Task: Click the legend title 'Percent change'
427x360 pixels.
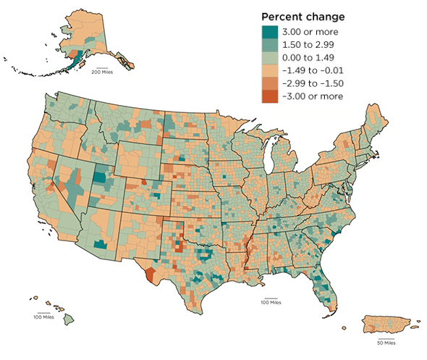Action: pyautogui.click(x=303, y=17)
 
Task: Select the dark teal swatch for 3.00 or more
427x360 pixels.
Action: pyautogui.click(x=271, y=31)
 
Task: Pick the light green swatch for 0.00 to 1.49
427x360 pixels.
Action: pyautogui.click(x=271, y=57)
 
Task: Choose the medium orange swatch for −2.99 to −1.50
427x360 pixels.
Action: pyautogui.click(x=271, y=83)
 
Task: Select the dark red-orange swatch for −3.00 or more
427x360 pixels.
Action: pyautogui.click(x=271, y=96)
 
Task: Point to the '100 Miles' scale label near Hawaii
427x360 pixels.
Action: pyautogui.click(x=43, y=317)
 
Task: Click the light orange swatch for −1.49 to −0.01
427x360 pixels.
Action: pyautogui.click(x=271, y=70)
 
